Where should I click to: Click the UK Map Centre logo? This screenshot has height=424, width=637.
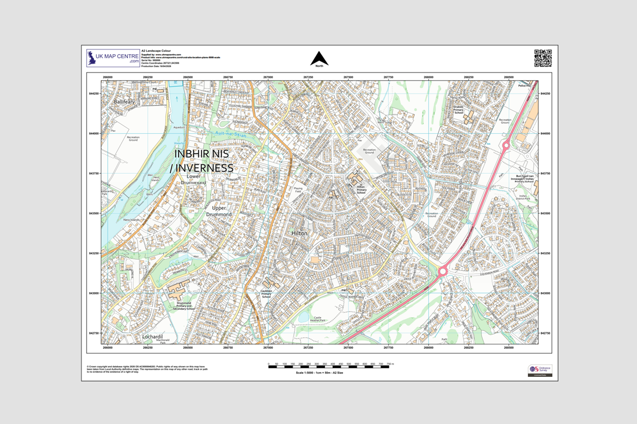point(113,57)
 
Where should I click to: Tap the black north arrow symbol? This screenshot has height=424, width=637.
point(319,58)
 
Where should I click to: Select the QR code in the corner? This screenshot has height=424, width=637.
point(543,58)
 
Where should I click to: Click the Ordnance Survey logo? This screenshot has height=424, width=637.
point(540,370)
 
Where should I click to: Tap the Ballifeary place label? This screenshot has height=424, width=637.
point(124,101)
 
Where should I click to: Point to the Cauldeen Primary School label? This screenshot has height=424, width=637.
point(267,293)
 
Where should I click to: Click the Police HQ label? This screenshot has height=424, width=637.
point(524,86)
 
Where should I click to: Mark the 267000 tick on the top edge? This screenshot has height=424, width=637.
point(268,77)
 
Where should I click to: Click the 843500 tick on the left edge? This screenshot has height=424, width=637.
point(94,213)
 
